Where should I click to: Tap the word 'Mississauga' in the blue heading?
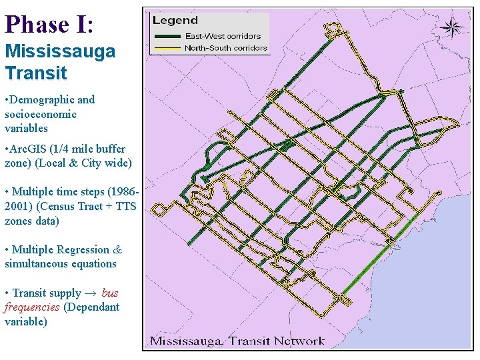point(60,51)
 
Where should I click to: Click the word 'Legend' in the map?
point(175,21)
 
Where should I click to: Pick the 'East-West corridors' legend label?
point(223,36)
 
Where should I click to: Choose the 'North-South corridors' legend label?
point(226,48)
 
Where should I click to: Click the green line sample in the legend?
point(167,36)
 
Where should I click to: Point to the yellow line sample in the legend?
point(167,48)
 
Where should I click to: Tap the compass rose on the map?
point(452,27)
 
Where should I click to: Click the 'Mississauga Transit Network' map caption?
point(237,341)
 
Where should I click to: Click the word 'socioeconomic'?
point(41,114)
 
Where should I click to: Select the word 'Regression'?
point(83,249)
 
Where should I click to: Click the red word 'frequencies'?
point(32,307)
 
